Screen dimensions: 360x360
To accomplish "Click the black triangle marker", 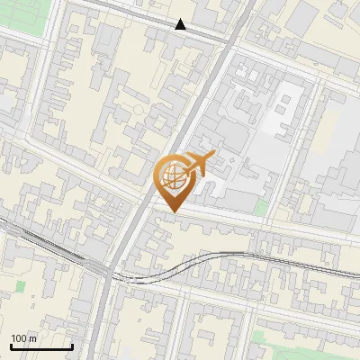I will click(x=181, y=24).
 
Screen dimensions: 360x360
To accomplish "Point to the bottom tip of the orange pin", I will click(x=171, y=212).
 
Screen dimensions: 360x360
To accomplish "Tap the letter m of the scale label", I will click(x=33, y=338).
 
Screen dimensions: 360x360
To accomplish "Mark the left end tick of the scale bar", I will click(x=10, y=346).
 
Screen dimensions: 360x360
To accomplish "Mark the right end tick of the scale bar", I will click(x=72, y=346).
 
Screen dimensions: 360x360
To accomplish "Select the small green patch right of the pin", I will click(x=261, y=208).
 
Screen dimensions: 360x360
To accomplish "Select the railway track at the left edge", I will click(x=4, y=229).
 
